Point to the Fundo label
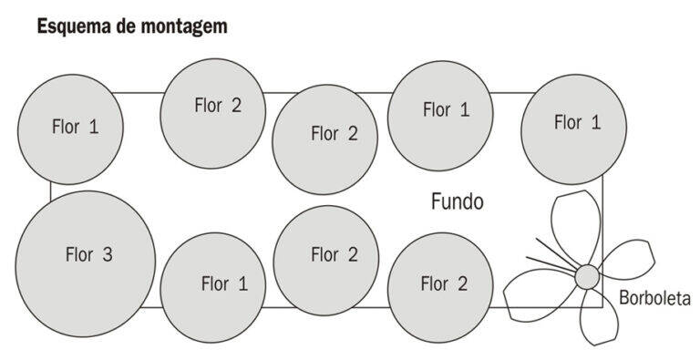coord(458,201)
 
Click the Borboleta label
coord(655,298)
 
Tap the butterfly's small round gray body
coord(587,277)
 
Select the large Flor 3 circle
coord(86,264)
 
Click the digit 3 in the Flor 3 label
coord(108,254)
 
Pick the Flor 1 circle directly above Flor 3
coord(70,129)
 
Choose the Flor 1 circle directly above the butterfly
coord(573,129)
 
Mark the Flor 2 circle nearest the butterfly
coord(440,288)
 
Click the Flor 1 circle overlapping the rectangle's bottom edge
coord(213,288)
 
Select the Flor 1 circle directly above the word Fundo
coord(440,116)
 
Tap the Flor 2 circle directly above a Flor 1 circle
coord(213,113)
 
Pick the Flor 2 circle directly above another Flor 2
coord(325,139)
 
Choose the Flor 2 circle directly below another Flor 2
coord(326,261)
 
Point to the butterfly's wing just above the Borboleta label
coord(627,259)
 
